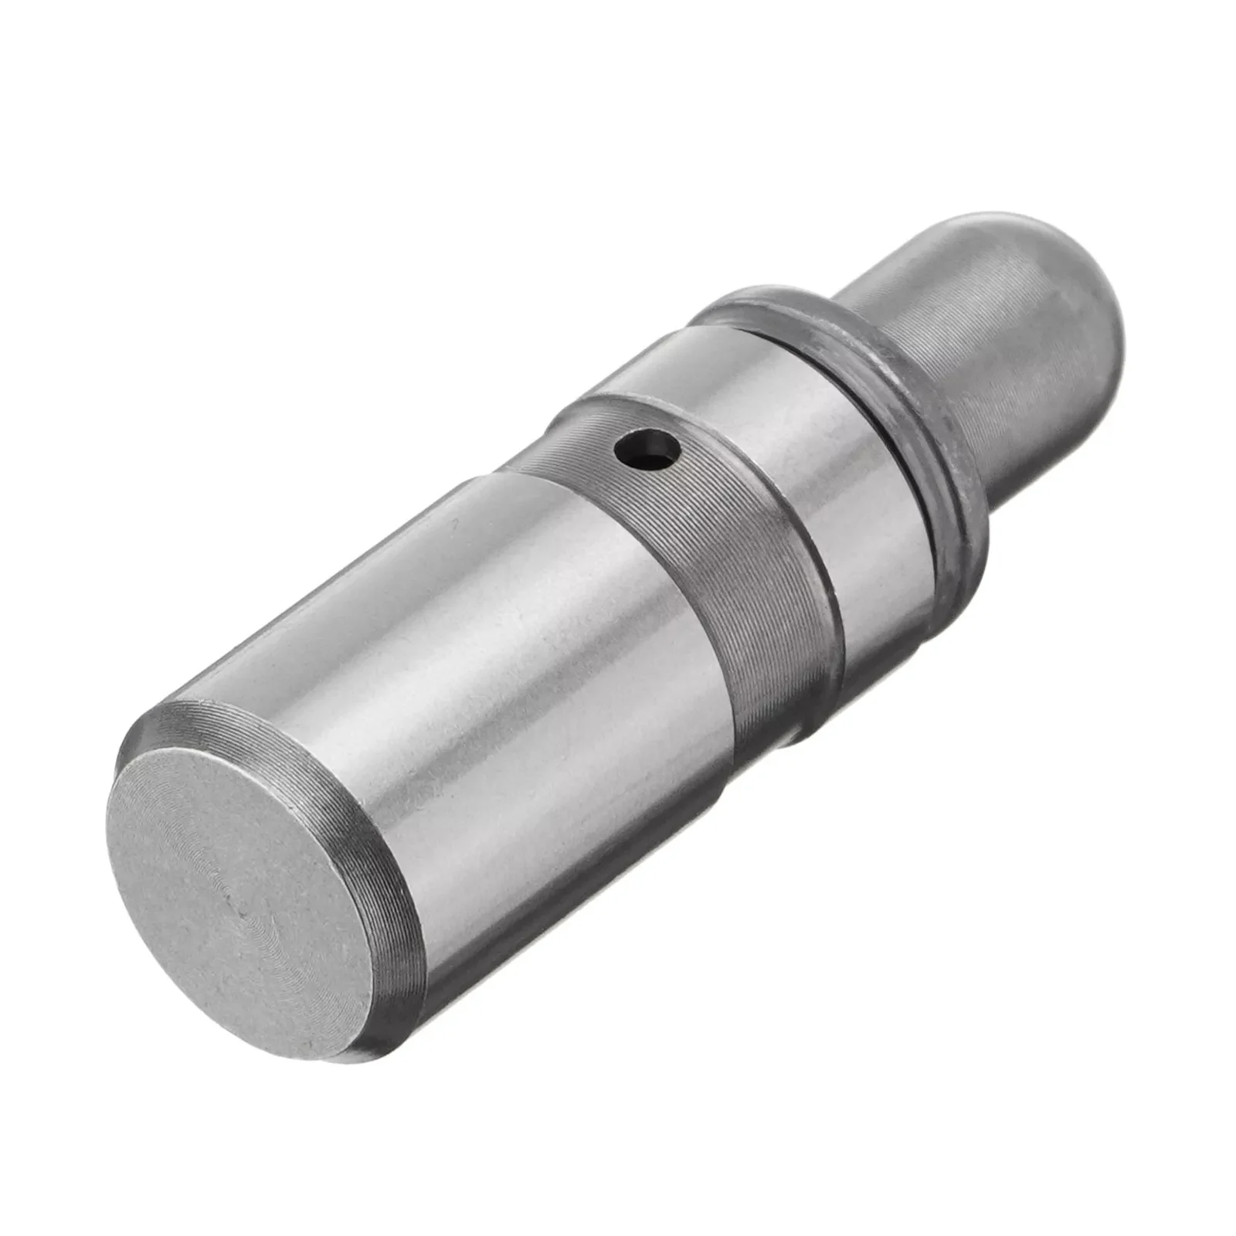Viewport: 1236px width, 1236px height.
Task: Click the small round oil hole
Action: tap(646, 447)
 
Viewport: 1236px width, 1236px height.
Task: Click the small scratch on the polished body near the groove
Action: tap(457, 524)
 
